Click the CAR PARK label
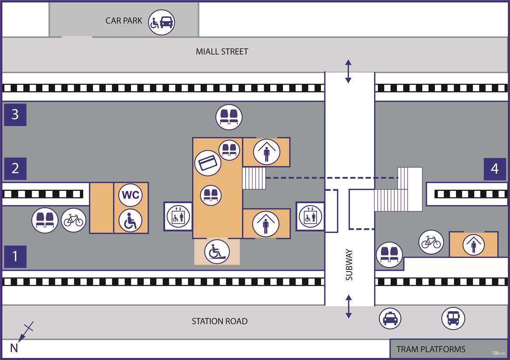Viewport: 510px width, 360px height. pyautogui.click(x=124, y=21)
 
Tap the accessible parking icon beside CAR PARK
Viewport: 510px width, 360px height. pyautogui.click(x=161, y=22)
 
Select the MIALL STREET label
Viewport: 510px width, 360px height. pyautogui.click(x=222, y=52)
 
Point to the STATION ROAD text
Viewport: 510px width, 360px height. pyautogui.click(x=219, y=321)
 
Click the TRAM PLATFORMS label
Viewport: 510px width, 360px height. pyautogui.click(x=431, y=349)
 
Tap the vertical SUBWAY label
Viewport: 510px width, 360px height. pyautogui.click(x=349, y=264)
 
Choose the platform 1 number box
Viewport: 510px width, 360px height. pyautogui.click(x=15, y=257)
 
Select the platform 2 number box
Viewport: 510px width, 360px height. pyautogui.click(x=15, y=169)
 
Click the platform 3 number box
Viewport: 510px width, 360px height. pyautogui.click(x=15, y=115)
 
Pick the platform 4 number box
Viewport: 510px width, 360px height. pyautogui.click(x=495, y=169)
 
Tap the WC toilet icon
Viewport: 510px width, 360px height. pyautogui.click(x=130, y=195)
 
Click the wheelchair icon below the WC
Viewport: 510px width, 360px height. pyautogui.click(x=130, y=220)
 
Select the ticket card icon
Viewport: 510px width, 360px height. pyautogui.click(x=207, y=163)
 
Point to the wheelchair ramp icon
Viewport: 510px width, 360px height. pyautogui.click(x=217, y=252)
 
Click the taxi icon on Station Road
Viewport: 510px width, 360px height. pyautogui.click(x=390, y=319)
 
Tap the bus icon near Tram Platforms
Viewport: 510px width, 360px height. pyautogui.click(x=453, y=318)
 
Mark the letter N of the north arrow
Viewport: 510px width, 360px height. pyautogui.click(x=14, y=349)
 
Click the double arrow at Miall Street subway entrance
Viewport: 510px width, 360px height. pyautogui.click(x=348, y=71)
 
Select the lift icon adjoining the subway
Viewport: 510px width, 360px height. pyautogui.click(x=310, y=217)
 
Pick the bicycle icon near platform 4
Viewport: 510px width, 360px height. pyautogui.click(x=431, y=243)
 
